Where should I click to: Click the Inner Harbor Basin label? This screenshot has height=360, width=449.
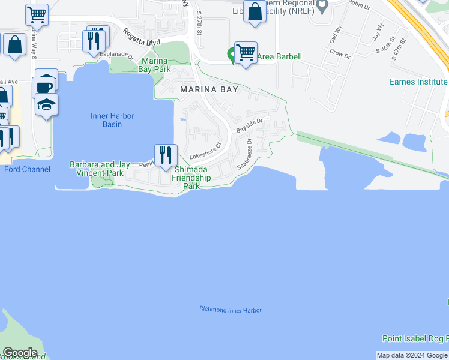[112, 120]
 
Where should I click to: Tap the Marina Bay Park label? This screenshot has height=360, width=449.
[156, 65]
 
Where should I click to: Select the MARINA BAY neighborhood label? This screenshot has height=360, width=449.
[209, 89]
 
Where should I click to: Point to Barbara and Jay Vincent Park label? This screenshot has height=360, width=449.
[99, 169]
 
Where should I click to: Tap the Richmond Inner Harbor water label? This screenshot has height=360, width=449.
[231, 310]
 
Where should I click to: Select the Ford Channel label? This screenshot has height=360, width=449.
[28, 169]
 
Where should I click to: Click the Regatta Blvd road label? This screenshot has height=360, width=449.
[143, 38]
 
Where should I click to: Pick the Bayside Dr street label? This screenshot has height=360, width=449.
[250, 125]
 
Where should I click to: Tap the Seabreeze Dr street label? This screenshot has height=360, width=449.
[244, 155]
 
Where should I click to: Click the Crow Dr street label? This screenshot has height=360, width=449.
[340, 55]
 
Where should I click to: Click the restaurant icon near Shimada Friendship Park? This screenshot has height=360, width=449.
[166, 155]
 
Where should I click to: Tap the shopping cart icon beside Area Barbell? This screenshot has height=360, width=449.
[246, 52]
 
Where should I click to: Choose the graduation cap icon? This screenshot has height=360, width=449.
[46, 104]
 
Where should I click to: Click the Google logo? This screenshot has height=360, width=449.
[20, 353]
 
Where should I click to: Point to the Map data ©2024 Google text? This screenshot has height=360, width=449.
[412, 355]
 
